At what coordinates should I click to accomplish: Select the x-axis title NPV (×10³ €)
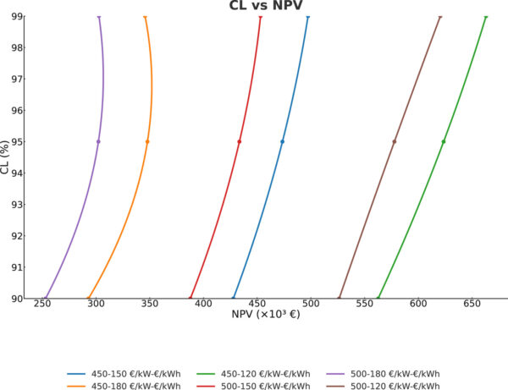[x=266, y=315]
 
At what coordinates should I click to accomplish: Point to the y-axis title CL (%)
[x=7, y=157]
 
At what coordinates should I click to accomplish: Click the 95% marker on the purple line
[x=98, y=141]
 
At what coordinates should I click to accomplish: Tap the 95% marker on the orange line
[x=147, y=141]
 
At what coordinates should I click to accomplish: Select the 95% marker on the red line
[x=240, y=141]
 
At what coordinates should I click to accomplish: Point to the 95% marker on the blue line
[x=282, y=141]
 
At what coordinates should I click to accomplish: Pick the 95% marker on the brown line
[x=395, y=141]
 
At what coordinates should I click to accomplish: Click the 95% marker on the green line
[x=444, y=141]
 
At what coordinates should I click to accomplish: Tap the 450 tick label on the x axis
[x=257, y=304]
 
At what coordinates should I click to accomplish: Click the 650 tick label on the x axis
[x=472, y=304]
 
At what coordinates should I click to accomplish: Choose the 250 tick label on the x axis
[x=42, y=304]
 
